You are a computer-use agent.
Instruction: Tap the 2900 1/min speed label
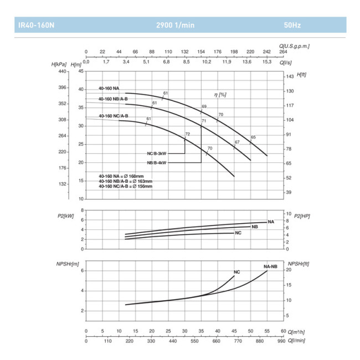click(174, 25)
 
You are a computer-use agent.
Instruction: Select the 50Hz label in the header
click(292, 25)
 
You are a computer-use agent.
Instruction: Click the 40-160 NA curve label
click(109, 88)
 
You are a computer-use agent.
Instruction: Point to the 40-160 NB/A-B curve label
click(113, 99)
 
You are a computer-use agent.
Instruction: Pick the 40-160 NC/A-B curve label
click(113, 116)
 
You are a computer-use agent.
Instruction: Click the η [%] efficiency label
click(220, 95)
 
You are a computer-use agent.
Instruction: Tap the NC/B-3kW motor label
click(156, 153)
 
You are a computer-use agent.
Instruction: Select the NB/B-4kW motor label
click(156, 162)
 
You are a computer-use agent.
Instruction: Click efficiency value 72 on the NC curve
click(187, 134)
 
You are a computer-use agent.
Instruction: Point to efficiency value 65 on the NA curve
click(253, 137)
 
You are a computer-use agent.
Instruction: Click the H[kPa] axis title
click(59, 65)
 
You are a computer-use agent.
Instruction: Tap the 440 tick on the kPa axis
click(62, 71)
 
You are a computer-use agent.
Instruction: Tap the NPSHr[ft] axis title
click(298, 263)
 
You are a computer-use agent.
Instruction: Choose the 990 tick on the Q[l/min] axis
click(282, 341)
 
